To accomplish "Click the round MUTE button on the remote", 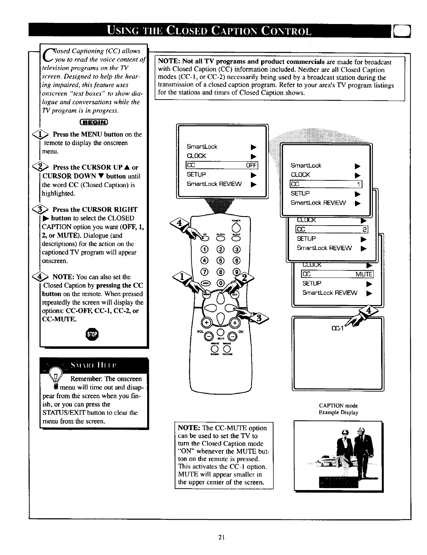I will pos(221,333).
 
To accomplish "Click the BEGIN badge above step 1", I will pos(94,123).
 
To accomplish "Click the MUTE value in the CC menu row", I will pos(363,274).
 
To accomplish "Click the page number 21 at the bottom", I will pos(221,538).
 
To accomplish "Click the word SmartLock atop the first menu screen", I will pos(202,147).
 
